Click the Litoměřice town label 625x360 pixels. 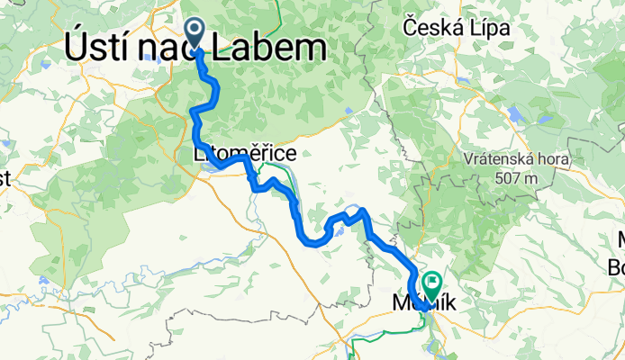[x=245, y=155]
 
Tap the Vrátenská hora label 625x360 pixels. [x=518, y=159]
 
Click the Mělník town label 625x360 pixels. [x=425, y=306]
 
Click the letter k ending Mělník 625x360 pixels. [x=450, y=306]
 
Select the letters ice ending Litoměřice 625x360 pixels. [x=285, y=155]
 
